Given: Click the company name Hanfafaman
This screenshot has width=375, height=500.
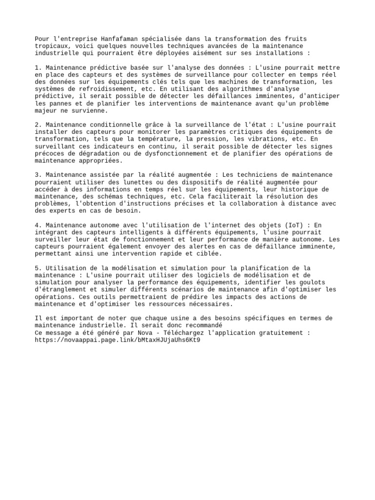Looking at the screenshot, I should pos(121,39).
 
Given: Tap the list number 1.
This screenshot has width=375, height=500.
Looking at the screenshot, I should pos(37,68).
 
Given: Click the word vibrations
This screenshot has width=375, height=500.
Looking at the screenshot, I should pos(260,139).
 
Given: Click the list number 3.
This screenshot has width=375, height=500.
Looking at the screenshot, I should pos(37,175).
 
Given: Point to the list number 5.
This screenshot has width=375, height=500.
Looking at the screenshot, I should pos(37,268).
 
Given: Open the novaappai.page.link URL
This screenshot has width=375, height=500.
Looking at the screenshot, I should pos(118,340).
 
